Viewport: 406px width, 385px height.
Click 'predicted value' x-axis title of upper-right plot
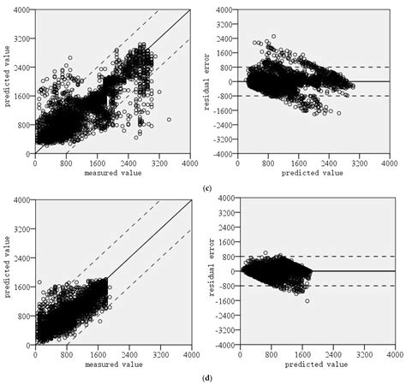pos(313,172)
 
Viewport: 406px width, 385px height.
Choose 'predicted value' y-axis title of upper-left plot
pos(7,81)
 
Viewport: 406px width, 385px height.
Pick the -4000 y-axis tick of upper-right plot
pos(224,154)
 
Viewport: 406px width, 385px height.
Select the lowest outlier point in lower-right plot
pos(306,301)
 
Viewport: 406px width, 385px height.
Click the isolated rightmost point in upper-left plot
pos(169,120)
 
